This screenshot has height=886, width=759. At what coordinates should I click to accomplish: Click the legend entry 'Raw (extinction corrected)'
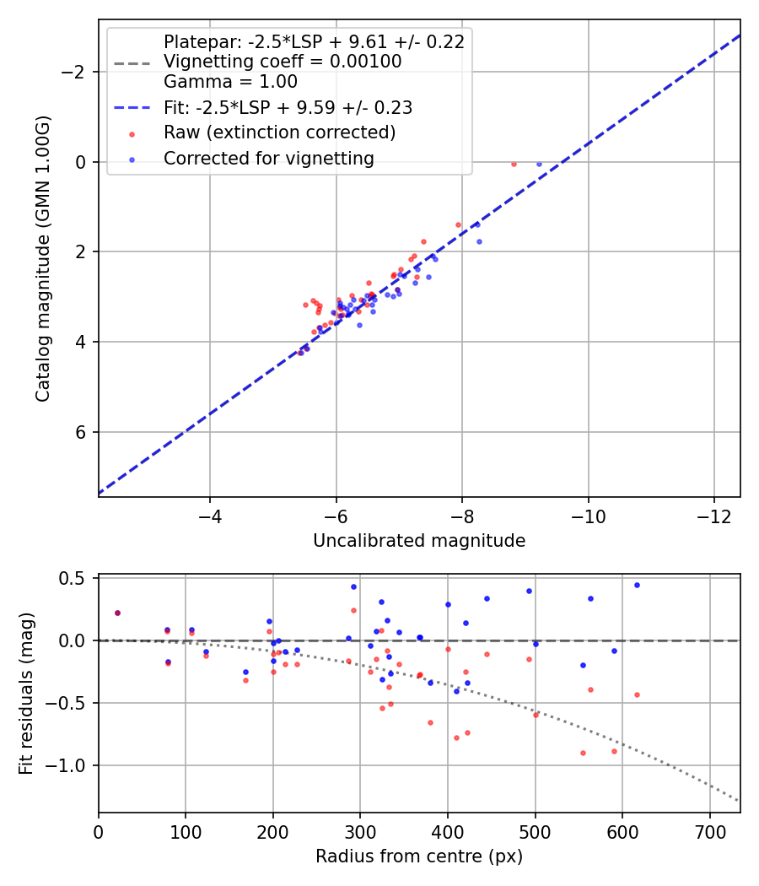pyautogui.click(x=279, y=132)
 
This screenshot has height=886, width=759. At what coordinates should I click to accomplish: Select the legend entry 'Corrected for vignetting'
pyautogui.click(x=268, y=158)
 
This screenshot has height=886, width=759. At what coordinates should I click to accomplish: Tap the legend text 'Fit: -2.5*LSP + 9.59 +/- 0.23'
pyautogui.click(x=288, y=108)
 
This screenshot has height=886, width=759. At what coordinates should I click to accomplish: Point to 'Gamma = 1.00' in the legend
pyautogui.click(x=230, y=82)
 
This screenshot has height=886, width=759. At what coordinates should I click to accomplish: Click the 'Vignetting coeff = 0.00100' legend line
pyautogui.click(x=283, y=62)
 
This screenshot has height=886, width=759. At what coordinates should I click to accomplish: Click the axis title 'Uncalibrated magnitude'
pyautogui.click(x=419, y=541)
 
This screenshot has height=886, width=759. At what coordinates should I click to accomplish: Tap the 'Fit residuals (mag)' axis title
pyautogui.click(x=25, y=694)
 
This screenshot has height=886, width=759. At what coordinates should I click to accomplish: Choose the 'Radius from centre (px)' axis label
pyautogui.click(x=419, y=856)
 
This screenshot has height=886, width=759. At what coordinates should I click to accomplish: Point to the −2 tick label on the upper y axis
pyautogui.click(x=73, y=72)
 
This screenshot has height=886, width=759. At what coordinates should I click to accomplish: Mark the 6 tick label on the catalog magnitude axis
pyautogui.click(x=83, y=432)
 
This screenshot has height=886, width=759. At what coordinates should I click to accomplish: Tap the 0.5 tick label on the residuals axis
pyautogui.click(x=77, y=578)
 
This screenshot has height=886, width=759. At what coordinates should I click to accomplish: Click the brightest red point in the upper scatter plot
pyautogui.click(x=514, y=164)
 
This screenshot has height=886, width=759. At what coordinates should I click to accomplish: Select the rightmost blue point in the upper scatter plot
pyautogui.click(x=539, y=164)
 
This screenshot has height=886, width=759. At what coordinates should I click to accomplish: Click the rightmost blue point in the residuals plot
pyautogui.click(x=637, y=585)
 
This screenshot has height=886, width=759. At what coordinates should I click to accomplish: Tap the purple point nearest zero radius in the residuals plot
pyautogui.click(x=117, y=613)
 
